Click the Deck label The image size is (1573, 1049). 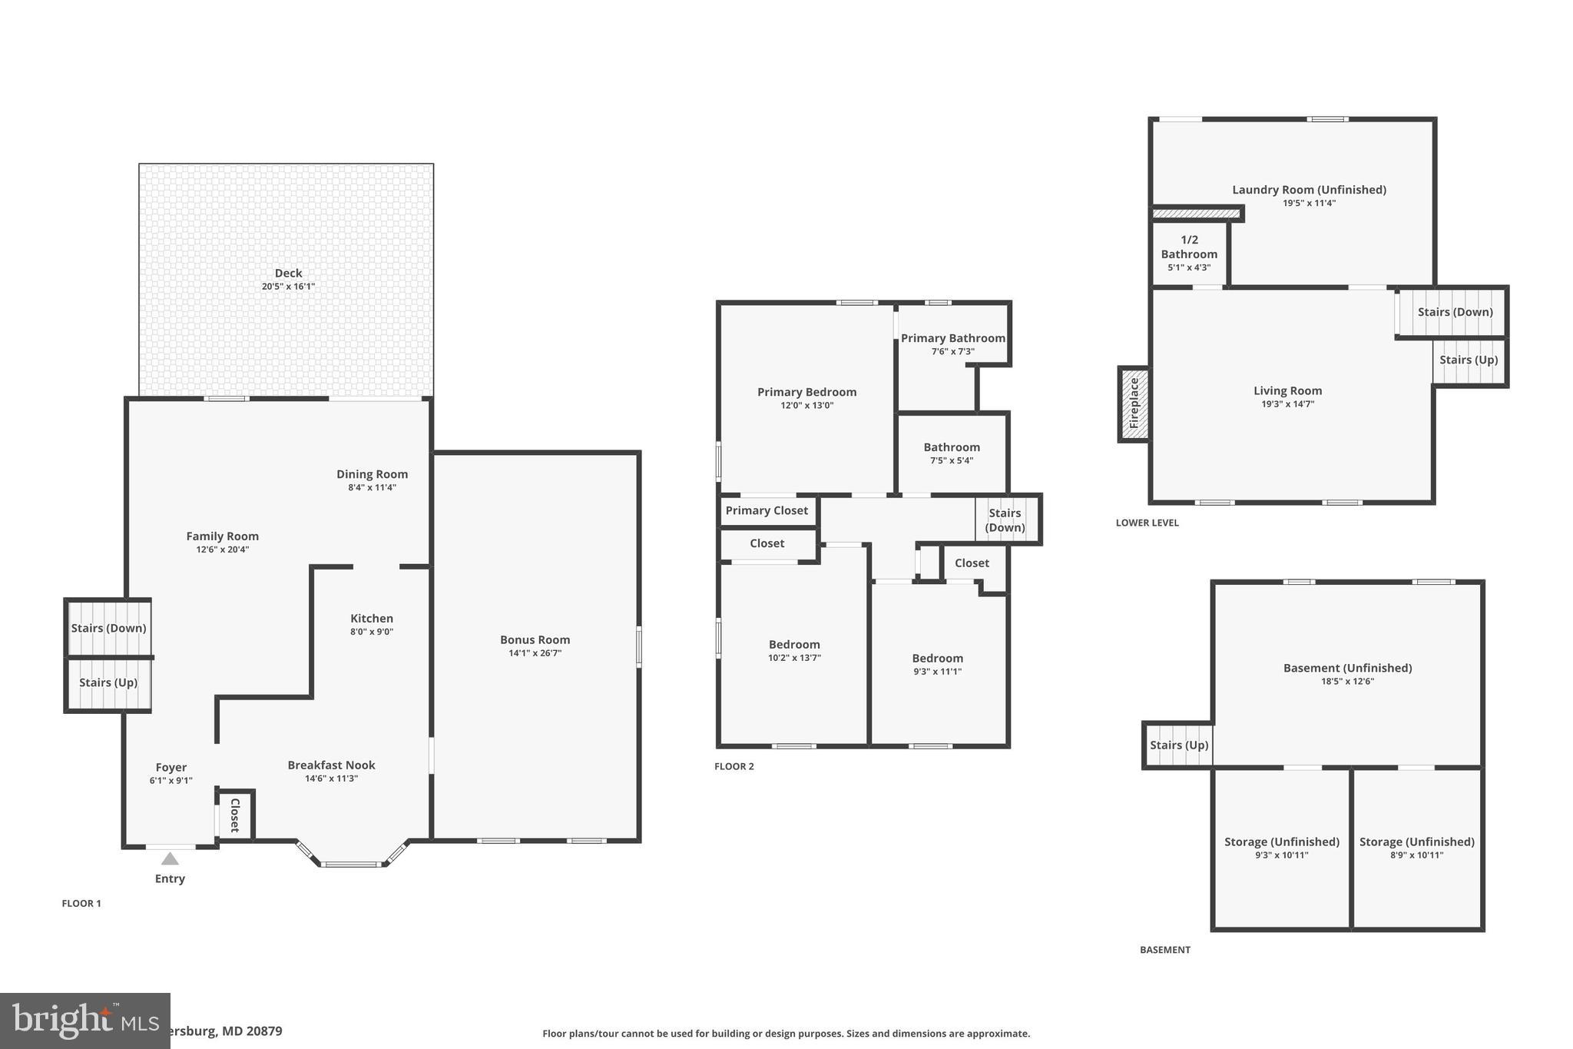click(x=288, y=273)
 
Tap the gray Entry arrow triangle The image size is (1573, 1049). click(x=170, y=858)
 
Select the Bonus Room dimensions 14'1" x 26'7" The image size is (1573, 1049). click(x=535, y=653)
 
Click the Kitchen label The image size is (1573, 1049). click(x=372, y=619)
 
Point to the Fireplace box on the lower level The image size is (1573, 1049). click(x=1134, y=403)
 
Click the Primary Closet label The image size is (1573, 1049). click(x=767, y=511)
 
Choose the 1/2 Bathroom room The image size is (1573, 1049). click(x=1189, y=253)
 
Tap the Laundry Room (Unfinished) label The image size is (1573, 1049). click(x=1309, y=190)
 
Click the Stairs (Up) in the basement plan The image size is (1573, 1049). click(x=1179, y=745)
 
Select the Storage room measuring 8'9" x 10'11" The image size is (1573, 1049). click(x=1416, y=848)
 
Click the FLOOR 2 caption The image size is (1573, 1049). click(x=734, y=766)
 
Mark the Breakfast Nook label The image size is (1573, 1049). click(x=331, y=765)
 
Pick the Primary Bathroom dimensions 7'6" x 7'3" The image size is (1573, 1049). click(x=952, y=351)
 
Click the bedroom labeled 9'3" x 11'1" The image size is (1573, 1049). click(x=937, y=664)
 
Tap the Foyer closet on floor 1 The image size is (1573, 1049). click(x=235, y=815)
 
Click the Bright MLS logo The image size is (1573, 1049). click(x=84, y=1021)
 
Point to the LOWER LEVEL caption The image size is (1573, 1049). click(x=1147, y=523)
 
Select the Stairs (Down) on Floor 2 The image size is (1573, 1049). click(x=1005, y=520)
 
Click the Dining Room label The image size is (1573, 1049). click(x=372, y=474)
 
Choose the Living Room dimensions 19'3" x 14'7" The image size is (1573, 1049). click(x=1287, y=403)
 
